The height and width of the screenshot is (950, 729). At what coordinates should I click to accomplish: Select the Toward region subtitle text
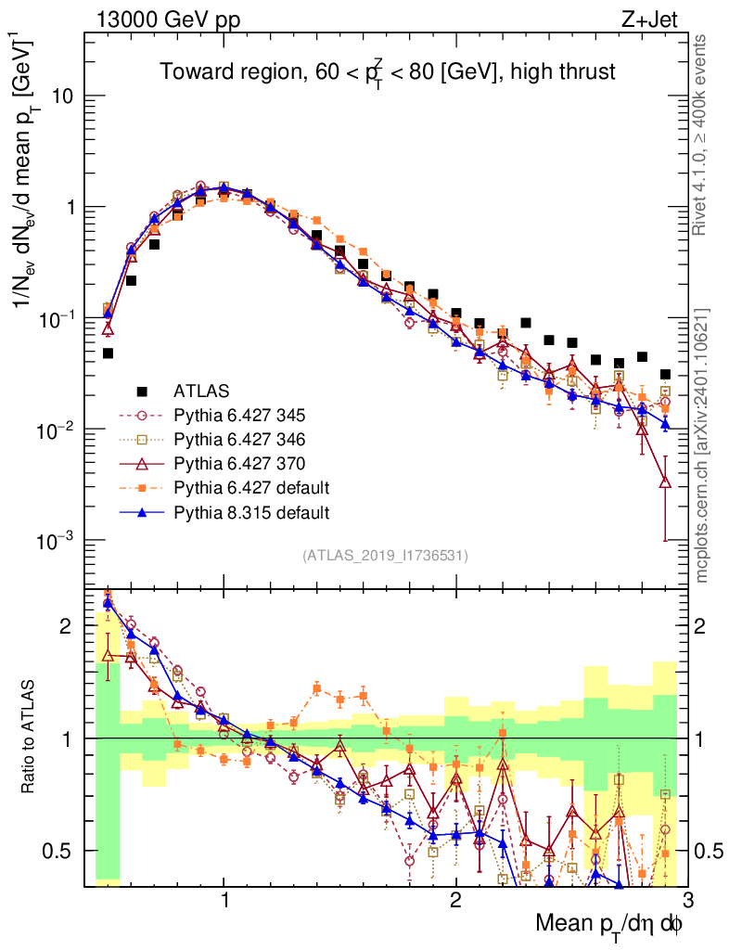tap(388, 71)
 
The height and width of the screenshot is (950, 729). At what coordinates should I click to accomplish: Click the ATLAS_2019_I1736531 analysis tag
tap(385, 556)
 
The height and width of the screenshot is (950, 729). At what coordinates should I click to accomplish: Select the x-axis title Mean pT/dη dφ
tap(609, 924)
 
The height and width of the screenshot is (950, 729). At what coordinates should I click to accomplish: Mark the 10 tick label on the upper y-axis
tap(62, 96)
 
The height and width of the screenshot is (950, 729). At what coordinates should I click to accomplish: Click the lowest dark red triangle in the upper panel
tap(665, 481)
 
